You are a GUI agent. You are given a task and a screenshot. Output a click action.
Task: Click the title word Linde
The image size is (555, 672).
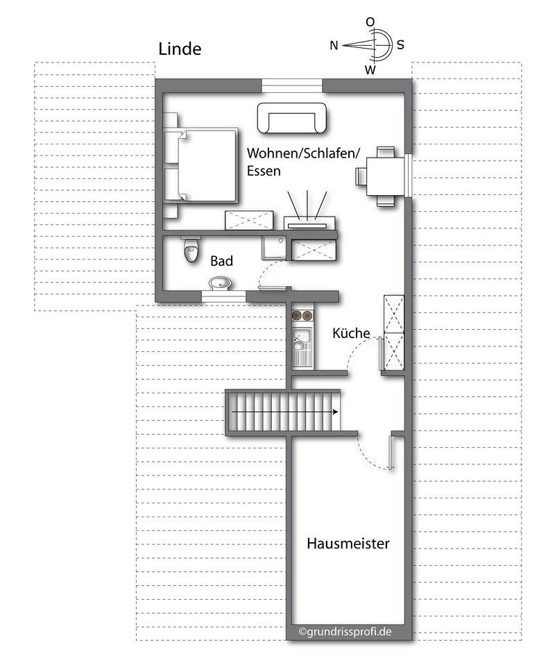[180, 49]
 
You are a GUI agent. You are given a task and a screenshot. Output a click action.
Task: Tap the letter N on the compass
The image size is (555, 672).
[334, 46]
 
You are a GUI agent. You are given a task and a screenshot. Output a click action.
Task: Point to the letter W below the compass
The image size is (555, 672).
[370, 69]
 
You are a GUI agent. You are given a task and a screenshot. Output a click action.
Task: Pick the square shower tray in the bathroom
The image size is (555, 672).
[274, 248]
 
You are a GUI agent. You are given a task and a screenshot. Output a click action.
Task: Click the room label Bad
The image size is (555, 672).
[221, 262]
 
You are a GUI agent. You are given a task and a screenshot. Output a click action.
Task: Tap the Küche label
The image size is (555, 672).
[351, 333]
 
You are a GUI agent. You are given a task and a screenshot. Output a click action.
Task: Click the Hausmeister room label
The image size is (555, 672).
[348, 544]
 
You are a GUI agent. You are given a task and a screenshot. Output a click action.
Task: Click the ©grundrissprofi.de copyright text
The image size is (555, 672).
[345, 632]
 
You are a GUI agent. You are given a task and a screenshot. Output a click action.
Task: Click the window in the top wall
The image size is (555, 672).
[292, 86]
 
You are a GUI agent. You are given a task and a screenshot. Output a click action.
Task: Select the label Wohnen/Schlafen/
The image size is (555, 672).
[291, 153]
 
